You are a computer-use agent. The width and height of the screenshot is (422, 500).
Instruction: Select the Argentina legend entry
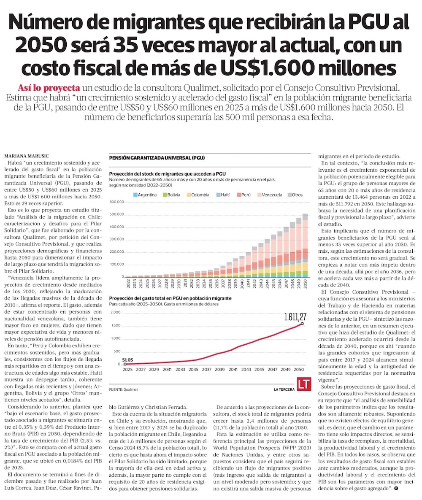[145, 195]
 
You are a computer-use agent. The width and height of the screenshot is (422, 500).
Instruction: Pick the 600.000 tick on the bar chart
[116, 202]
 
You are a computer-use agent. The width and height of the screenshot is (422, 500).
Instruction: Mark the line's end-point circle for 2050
[302, 324]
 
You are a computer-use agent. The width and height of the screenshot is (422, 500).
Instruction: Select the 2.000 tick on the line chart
[115, 313]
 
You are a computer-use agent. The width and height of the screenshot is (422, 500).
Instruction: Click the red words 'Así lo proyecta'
[49, 88]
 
